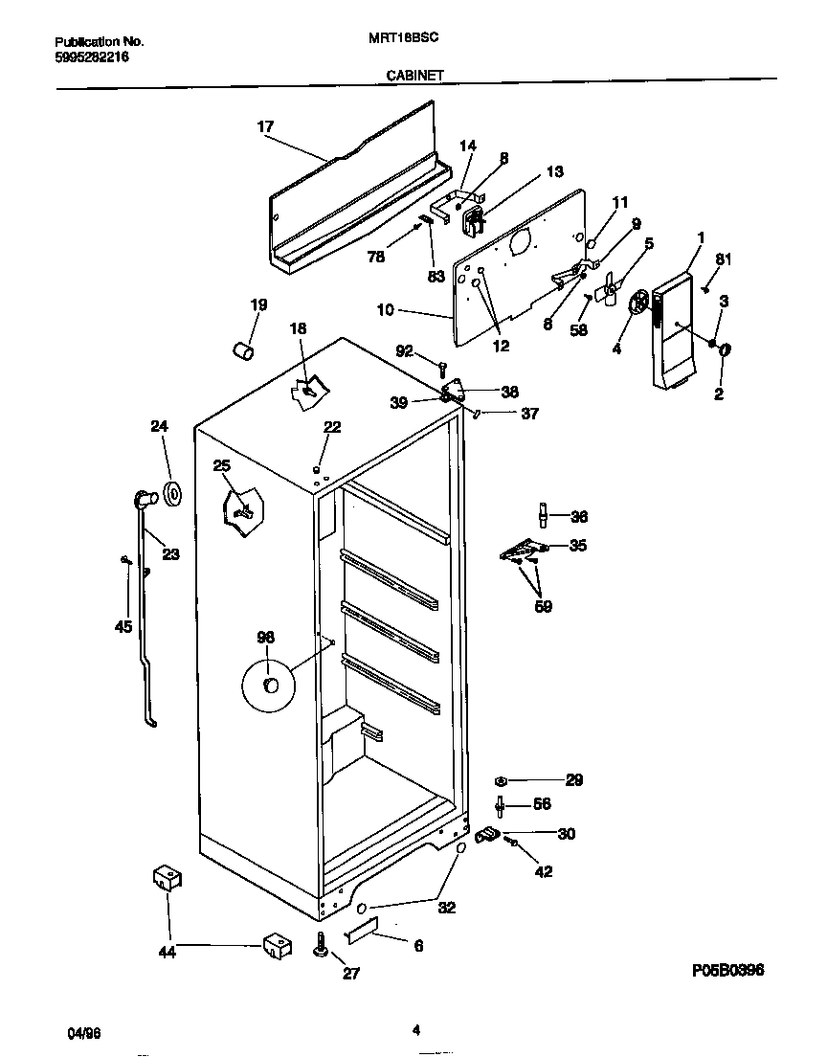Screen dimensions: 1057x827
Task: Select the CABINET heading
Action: (x=413, y=75)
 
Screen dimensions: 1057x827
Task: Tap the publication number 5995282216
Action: (x=92, y=57)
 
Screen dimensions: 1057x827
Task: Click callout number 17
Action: (x=265, y=126)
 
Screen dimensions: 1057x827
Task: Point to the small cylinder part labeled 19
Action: (x=243, y=351)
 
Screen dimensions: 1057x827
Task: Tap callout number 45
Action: (x=123, y=627)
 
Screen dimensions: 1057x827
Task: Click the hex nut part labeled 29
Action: (x=502, y=780)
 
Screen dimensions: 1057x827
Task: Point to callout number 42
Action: (x=543, y=871)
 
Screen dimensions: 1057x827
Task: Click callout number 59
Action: (x=542, y=606)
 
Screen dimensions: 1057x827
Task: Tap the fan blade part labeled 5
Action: (x=609, y=290)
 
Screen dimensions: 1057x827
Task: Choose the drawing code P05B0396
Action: (x=726, y=970)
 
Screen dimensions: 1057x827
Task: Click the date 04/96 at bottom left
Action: (x=84, y=1033)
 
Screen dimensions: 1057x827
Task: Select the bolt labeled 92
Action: (x=442, y=368)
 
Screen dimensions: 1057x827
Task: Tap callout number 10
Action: (x=385, y=311)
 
